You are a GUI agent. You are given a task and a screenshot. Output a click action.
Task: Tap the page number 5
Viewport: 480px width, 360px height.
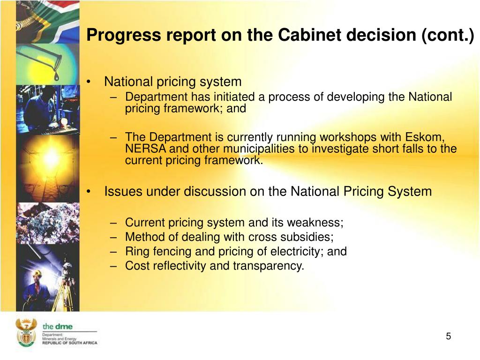pos(449,336)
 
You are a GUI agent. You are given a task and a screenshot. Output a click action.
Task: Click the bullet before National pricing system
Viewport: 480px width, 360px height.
pos(89,82)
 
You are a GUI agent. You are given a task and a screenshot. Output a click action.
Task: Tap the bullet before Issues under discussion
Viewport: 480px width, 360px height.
pos(89,192)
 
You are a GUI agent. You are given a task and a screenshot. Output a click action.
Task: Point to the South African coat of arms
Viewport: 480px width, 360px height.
pos(26,332)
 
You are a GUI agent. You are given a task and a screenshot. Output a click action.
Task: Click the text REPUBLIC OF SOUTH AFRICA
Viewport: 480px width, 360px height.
pos(69,343)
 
